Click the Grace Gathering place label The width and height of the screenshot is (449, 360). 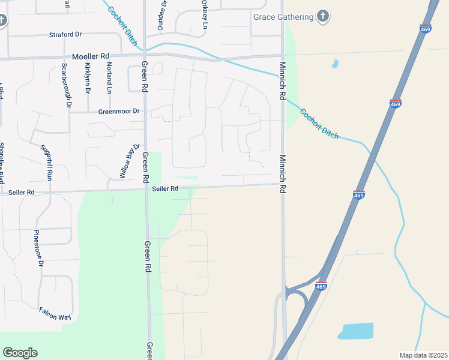[283, 17]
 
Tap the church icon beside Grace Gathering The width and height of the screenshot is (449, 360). [323, 16]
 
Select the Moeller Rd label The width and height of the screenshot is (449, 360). [89, 56]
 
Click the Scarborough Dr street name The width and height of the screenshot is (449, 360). [65, 86]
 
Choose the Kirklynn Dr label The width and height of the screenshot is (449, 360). [88, 78]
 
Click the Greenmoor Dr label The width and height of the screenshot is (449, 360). [119, 111]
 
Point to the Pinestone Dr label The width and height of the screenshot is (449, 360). [38, 248]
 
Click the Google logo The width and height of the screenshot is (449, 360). [20, 353]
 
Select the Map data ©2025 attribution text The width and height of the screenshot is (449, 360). [423, 355]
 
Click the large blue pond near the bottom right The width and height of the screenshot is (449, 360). [356, 331]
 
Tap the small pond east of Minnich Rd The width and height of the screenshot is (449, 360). [334, 64]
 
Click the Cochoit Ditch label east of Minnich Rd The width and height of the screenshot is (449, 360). [319, 124]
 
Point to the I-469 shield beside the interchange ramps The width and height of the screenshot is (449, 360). [321, 286]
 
